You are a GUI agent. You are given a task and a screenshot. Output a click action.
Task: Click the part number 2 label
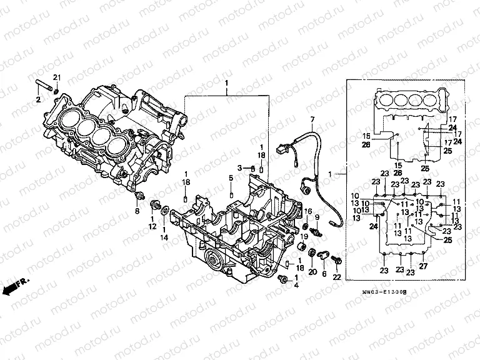click(38, 100)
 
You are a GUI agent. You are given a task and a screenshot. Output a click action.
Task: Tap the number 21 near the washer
click(57, 77)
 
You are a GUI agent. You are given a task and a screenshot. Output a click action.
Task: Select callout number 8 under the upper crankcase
click(138, 211)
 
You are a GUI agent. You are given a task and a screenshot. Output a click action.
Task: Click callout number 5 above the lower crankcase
click(231, 178)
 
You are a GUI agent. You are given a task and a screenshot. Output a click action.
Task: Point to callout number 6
click(324, 272)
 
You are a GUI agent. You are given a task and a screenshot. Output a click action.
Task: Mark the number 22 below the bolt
click(337, 277)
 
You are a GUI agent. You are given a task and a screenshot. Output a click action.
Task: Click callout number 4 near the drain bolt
click(296, 286)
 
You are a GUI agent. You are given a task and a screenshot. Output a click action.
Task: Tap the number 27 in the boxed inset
click(422, 267)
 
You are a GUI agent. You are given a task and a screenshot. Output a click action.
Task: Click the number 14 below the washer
click(164, 237)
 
